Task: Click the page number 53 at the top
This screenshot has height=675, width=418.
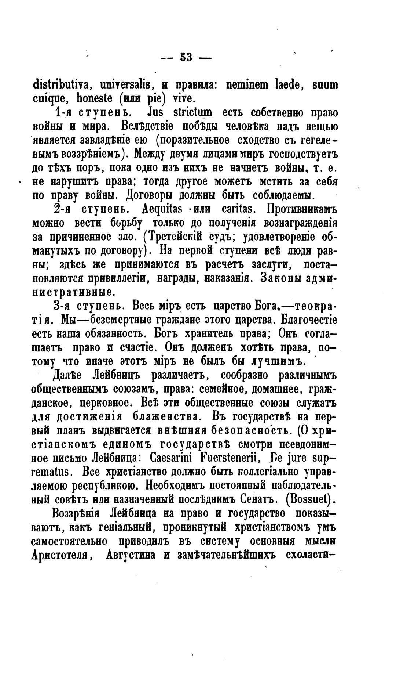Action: coord(187,58)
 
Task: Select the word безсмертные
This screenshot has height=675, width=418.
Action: coord(117,320)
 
